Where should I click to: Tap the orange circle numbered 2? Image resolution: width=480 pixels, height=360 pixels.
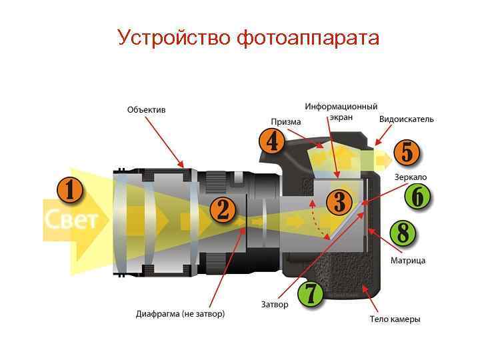[223, 209]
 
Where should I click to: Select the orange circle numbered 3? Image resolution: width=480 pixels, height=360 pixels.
[339, 201]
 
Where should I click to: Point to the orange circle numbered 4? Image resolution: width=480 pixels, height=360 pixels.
[271, 141]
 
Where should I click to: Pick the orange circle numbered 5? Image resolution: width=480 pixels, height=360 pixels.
[407, 153]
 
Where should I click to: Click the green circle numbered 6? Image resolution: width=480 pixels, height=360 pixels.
[417, 197]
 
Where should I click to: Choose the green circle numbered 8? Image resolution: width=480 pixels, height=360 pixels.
[402, 233]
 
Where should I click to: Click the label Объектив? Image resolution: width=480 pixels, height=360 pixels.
[146, 109]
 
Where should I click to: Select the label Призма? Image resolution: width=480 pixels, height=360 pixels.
[286, 122]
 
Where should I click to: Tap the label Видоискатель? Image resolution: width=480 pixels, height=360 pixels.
[406, 119]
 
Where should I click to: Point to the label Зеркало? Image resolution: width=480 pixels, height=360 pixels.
[411, 177]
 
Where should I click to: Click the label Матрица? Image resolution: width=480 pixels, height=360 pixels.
[408, 261]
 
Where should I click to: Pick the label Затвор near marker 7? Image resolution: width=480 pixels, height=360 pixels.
[275, 305]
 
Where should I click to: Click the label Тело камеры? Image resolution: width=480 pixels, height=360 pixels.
[395, 319]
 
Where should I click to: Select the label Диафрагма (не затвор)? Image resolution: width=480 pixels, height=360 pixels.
[180, 313]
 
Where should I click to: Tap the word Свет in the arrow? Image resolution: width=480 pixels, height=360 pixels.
[72, 219]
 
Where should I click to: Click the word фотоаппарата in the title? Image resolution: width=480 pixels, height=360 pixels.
[308, 37]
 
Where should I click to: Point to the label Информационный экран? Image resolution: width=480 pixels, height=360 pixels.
[341, 111]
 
